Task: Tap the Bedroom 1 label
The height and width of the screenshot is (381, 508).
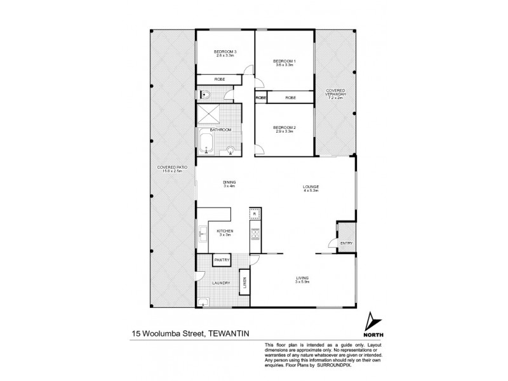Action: [284, 61]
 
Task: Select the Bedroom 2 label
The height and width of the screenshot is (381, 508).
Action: [284, 128]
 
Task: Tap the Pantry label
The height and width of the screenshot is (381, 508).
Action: [221, 260]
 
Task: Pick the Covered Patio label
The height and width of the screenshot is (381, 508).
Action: [170, 170]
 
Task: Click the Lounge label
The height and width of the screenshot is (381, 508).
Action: [310, 187]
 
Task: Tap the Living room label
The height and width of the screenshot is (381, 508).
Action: [302, 279]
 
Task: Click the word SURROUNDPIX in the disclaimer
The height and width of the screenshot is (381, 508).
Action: [340, 366]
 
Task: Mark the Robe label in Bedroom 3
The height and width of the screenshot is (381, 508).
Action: [218, 79]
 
